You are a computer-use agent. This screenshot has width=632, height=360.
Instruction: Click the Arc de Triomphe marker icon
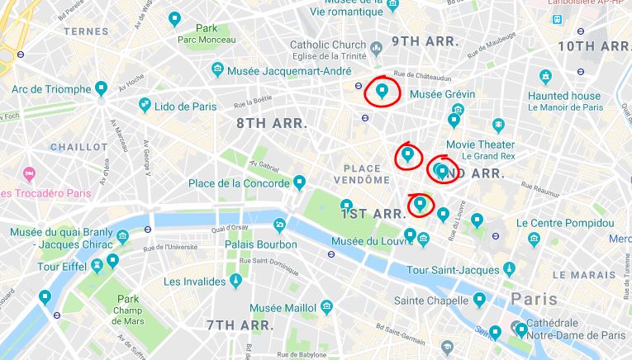tap(102, 88)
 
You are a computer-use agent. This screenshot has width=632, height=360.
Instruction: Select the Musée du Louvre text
tap(371, 241)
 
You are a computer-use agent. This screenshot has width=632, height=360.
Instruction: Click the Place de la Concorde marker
tap(300, 182)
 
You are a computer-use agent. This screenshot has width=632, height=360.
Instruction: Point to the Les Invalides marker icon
tap(236, 281)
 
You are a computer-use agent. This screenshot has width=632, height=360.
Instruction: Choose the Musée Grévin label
tap(442, 94)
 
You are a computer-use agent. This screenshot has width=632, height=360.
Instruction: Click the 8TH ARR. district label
tap(272, 123)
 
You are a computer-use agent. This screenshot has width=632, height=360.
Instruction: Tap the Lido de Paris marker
tap(145, 104)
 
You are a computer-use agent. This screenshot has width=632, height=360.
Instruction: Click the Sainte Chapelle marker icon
tap(479, 299)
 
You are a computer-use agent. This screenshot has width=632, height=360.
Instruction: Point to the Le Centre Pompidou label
tap(565, 223)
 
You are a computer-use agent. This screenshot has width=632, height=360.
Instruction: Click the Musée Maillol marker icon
tap(327, 307)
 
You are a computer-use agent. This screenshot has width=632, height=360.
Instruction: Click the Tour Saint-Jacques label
tap(452, 270)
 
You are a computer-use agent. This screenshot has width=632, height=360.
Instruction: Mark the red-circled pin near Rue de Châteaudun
tap(382, 90)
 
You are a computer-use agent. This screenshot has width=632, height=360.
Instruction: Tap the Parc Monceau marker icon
tap(174, 18)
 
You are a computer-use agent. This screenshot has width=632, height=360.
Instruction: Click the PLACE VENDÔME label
tap(362, 173)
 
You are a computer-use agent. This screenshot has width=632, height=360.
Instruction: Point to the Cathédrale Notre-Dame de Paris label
tap(578, 329)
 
